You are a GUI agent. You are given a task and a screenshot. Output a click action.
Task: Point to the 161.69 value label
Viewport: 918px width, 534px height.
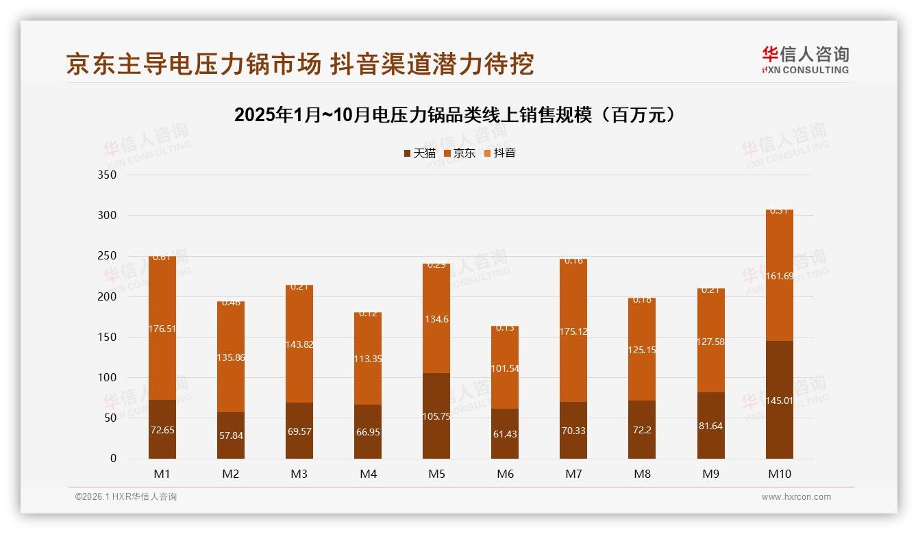click(779, 277)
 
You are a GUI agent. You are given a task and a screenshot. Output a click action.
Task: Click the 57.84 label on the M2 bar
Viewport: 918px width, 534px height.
click(231, 434)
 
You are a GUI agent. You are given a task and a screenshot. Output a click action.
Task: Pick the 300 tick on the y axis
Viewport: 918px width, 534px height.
click(108, 215)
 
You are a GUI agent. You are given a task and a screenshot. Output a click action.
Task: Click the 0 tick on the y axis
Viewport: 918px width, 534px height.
click(113, 459)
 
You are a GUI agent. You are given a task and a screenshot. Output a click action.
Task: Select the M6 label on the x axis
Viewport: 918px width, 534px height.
click(505, 474)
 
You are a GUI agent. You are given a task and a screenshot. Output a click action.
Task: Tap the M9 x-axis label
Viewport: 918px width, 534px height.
click(710, 474)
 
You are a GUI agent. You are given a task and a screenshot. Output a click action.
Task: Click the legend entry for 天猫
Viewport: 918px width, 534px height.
click(420, 153)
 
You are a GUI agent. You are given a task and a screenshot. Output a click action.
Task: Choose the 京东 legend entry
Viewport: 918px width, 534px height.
click(460, 153)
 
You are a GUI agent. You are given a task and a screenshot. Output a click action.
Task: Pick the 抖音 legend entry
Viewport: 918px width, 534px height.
click(500, 153)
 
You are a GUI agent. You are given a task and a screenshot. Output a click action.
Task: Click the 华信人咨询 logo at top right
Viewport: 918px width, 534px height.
click(805, 60)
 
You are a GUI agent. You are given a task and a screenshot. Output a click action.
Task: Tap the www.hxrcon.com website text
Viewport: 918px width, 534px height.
click(796, 497)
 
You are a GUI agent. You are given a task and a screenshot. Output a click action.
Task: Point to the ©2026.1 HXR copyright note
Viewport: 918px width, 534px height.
click(126, 497)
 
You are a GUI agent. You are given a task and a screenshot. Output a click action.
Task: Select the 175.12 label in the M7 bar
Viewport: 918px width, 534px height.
click(573, 331)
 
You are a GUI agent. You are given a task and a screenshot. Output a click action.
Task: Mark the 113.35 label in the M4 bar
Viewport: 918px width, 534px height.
click(368, 357)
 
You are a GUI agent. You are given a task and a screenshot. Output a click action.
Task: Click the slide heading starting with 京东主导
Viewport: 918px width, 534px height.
click(299, 64)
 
